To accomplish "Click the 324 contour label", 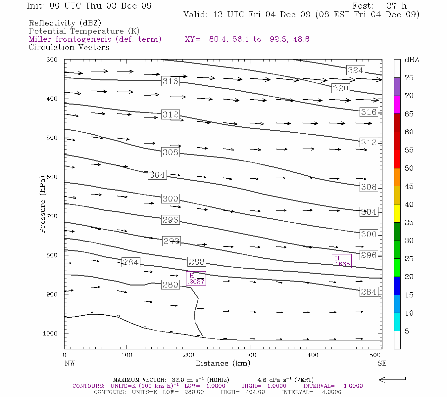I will pyautogui.click(x=356, y=70).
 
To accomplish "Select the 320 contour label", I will pyautogui.click(x=341, y=88).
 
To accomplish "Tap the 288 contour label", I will pyautogui.click(x=197, y=262).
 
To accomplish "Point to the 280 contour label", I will pyautogui.click(x=170, y=285).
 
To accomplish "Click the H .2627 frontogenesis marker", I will pyautogui.click(x=196, y=279).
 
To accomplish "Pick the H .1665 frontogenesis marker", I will pyautogui.click(x=341, y=261).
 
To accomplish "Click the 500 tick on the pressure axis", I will pyautogui.click(x=52, y=138).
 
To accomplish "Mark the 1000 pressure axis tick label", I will pyautogui.click(x=50, y=333).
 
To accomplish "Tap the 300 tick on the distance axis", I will pyautogui.click(x=251, y=355).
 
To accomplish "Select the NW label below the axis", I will pyautogui.click(x=70, y=363).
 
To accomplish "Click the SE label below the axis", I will pyautogui.click(x=382, y=363).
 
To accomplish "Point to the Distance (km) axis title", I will pyautogui.click(x=223, y=363).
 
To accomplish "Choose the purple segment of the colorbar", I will pyautogui.click(x=397, y=87).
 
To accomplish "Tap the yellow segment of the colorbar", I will pyautogui.click(x=397, y=213).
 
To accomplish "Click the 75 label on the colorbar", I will pyautogui.click(x=409, y=78).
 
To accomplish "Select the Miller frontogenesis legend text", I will pyautogui.click(x=95, y=39).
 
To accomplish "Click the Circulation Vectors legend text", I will pyautogui.click(x=69, y=47).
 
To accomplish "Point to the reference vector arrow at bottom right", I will pyautogui.click(x=392, y=379).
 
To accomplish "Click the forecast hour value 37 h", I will pyautogui.click(x=397, y=6).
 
